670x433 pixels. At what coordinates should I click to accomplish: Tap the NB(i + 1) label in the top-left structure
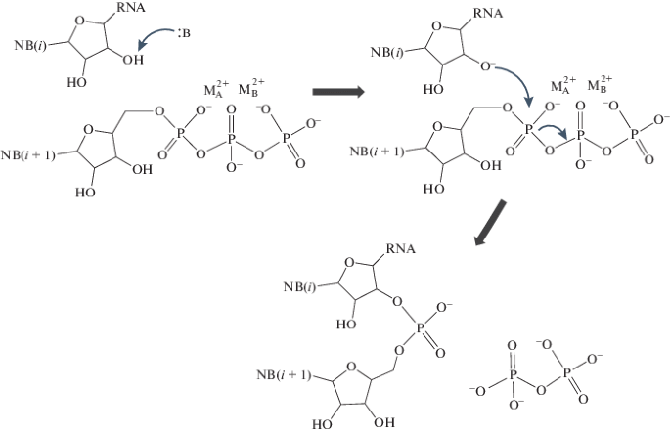pos(27,154)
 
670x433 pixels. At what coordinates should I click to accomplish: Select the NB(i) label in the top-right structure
pos(383,50)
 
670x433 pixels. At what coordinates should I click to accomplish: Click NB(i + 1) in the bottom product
pos(281,375)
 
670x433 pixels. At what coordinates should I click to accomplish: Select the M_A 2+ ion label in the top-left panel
pos(218,89)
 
